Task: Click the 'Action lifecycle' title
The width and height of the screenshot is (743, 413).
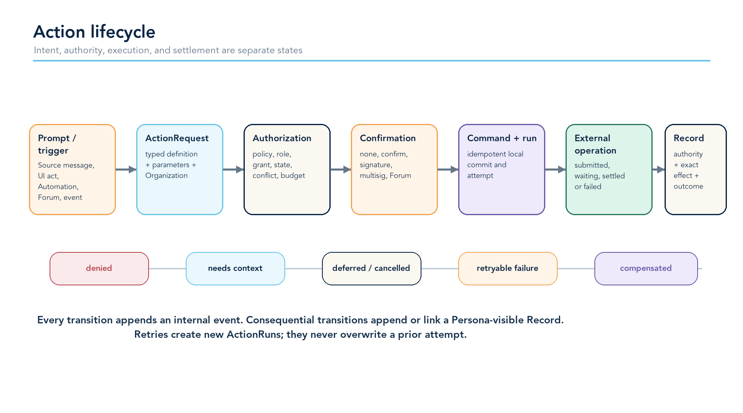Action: (x=94, y=32)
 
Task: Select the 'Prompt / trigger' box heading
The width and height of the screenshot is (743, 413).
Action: (x=57, y=144)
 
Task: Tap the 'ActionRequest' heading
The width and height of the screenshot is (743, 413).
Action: (x=177, y=138)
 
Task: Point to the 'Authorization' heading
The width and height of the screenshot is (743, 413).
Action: (x=282, y=138)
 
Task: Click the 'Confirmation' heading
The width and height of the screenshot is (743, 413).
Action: (x=388, y=138)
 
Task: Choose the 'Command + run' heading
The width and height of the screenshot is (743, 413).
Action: (x=502, y=138)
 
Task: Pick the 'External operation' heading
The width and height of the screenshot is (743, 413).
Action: (x=595, y=144)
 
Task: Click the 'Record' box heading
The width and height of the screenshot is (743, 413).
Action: (x=689, y=138)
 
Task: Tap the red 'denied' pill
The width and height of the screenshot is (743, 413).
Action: (x=99, y=268)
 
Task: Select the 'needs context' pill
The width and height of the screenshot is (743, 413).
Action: (x=235, y=268)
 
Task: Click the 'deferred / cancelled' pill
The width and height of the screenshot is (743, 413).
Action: (x=371, y=268)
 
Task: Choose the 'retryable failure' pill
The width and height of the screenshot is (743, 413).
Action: (x=508, y=268)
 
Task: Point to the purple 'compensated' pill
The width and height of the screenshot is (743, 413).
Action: (x=646, y=268)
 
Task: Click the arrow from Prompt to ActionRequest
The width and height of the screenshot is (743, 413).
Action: (x=126, y=169)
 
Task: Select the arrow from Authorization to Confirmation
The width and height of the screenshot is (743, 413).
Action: (x=341, y=169)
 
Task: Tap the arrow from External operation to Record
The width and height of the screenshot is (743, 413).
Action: (x=658, y=169)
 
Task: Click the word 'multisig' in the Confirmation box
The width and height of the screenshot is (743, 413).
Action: (x=373, y=176)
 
